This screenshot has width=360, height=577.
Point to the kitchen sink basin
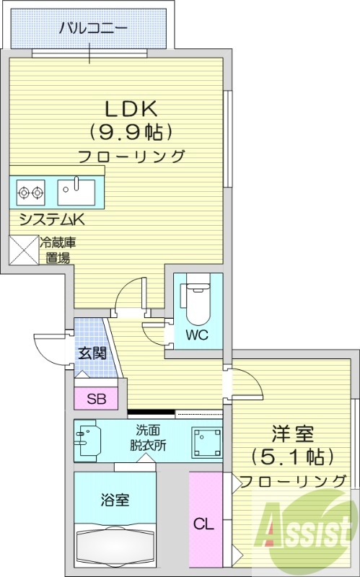76,192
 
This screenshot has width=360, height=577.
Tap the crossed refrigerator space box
23,250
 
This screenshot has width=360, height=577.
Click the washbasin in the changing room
87,439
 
